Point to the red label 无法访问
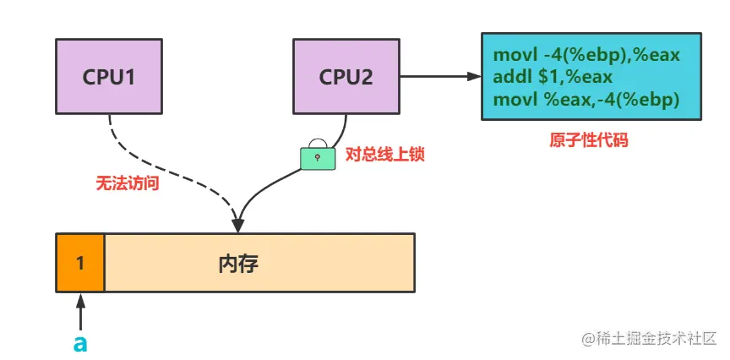(x=128, y=183)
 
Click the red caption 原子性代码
(x=589, y=140)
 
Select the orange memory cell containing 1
(x=80, y=263)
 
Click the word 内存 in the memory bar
(x=238, y=263)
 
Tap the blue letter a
(x=80, y=342)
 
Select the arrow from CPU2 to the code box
(x=439, y=76)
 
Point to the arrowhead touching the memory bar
(x=238, y=226)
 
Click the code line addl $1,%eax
(x=553, y=77)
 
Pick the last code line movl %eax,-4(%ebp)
(x=586, y=97)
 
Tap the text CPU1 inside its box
(x=109, y=77)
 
